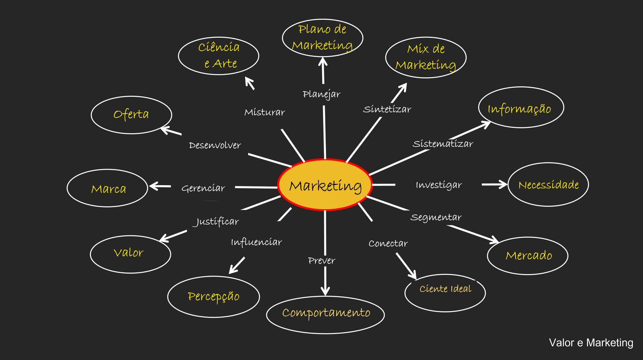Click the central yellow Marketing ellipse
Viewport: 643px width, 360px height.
(x=325, y=185)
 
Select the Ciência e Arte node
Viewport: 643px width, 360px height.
(x=219, y=55)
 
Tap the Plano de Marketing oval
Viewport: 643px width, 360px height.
(x=322, y=38)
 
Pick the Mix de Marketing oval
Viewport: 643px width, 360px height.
(x=426, y=57)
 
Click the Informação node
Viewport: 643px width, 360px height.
(x=521, y=108)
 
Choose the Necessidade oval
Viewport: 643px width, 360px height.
(x=548, y=185)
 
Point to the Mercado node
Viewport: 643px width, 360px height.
(x=527, y=256)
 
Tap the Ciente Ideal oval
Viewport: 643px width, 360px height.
(x=445, y=292)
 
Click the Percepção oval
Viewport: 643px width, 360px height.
(x=213, y=297)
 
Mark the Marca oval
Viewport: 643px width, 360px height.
(x=107, y=188)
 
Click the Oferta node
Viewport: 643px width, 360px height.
(x=131, y=115)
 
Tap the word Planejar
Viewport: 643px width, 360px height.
(x=321, y=94)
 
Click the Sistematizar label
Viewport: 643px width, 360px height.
(x=443, y=144)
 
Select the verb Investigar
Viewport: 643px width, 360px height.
(x=438, y=185)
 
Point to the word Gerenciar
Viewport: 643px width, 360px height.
(x=203, y=188)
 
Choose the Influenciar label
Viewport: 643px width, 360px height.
(x=256, y=242)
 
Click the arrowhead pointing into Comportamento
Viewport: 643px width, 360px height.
(x=325, y=291)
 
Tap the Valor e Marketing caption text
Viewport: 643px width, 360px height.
(x=591, y=343)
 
